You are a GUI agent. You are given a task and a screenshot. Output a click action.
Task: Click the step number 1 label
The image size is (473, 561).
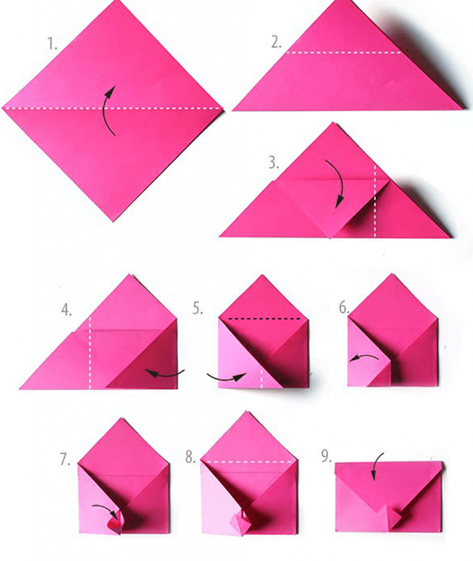[53, 44]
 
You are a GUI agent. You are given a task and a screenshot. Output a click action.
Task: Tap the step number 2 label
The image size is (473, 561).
[276, 43]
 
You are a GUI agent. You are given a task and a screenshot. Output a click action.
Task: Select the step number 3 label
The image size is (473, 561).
[274, 163]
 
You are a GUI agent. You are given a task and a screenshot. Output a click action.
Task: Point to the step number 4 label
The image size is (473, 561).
[66, 310]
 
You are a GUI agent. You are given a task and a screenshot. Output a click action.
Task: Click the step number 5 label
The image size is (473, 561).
[198, 308]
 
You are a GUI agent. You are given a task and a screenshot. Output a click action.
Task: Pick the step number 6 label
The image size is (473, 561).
[344, 308]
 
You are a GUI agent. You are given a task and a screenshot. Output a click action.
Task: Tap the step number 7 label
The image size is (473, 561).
[65, 459]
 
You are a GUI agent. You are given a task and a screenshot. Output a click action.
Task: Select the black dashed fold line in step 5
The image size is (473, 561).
[264, 318]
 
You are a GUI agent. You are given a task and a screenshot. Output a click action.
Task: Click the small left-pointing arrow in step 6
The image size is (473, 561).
[363, 358]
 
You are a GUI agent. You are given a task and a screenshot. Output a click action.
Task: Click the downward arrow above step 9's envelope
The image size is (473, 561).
[375, 464]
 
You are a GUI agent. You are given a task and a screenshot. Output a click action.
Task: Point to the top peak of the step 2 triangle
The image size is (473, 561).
[344, 1]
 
